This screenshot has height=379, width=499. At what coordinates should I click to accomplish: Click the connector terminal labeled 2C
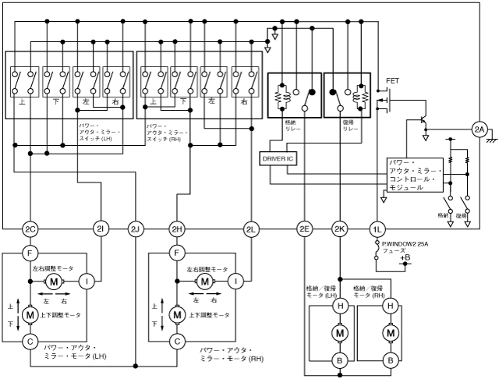point(30,228)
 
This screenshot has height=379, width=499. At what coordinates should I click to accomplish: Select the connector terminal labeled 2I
point(101,228)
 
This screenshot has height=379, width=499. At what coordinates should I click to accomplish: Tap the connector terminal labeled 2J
point(135,228)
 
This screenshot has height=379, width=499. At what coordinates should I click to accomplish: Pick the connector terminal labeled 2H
point(178,228)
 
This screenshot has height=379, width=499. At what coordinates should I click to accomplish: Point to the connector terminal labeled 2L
point(250,228)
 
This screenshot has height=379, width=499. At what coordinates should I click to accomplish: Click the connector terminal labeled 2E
point(304,228)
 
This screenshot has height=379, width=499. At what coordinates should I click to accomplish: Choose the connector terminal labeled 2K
point(339,228)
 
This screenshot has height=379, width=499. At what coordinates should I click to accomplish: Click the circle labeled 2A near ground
point(480,129)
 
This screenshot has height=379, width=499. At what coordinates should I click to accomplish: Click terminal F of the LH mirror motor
point(30,253)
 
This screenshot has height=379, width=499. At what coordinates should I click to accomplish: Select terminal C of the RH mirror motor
point(178,341)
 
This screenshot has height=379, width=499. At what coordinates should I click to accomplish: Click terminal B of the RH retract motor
point(388,360)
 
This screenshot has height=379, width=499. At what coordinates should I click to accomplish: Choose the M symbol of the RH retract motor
point(388,333)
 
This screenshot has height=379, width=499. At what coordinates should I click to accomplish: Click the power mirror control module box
point(415,175)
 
